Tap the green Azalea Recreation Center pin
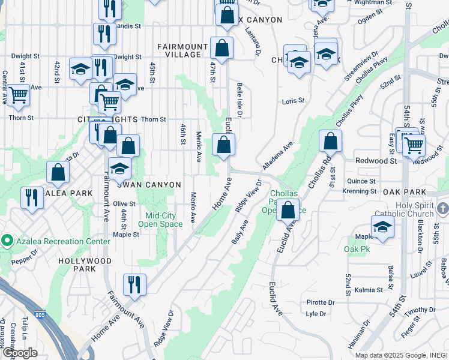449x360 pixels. pyautogui.click(x=7, y=242)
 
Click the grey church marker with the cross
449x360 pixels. pyautogui.click(x=443, y=208)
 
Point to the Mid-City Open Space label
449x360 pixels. pyautogui.click(x=160, y=220)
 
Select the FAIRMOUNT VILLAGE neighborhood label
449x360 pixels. pyautogui.click(x=179, y=50)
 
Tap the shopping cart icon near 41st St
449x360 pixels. pyautogui.click(x=18, y=94)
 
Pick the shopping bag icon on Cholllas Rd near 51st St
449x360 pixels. pyautogui.click(x=330, y=142)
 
